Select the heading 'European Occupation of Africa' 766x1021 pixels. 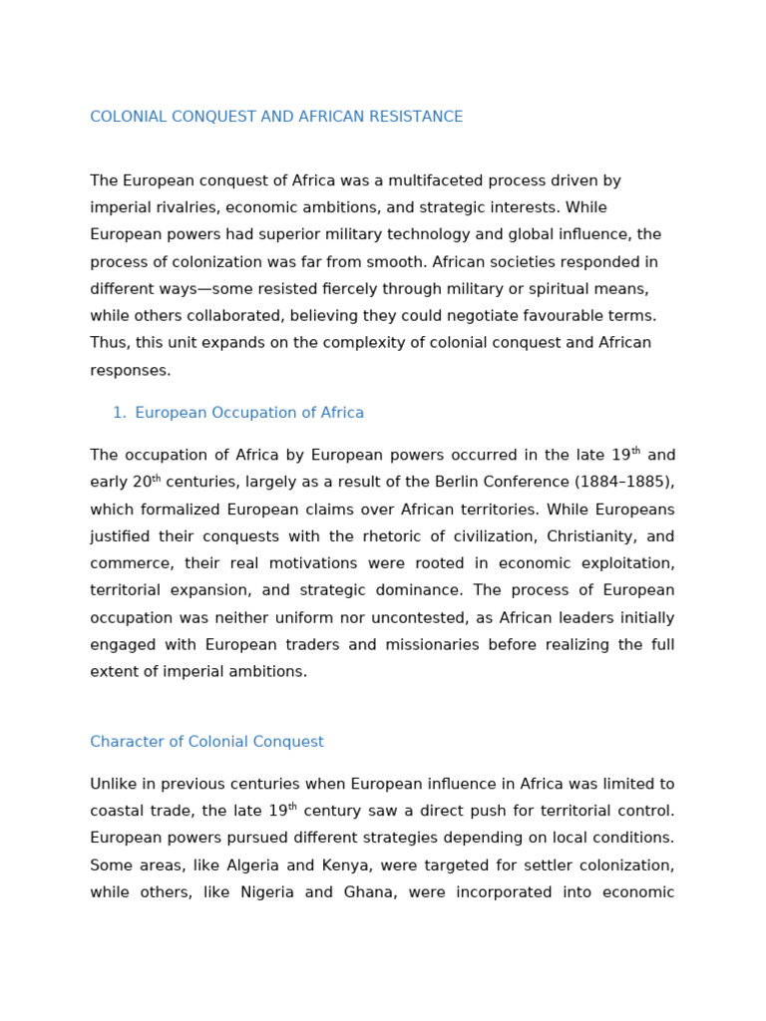click(249, 413)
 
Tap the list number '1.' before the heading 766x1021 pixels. click(119, 413)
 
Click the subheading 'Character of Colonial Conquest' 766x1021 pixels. click(206, 742)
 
